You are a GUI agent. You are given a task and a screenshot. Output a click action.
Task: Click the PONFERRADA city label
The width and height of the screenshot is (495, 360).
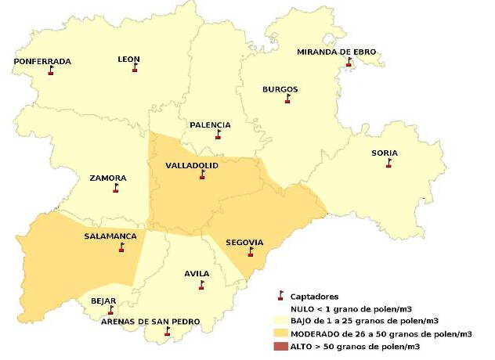coord(42,61)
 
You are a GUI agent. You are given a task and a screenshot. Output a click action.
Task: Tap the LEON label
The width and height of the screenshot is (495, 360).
coord(128,59)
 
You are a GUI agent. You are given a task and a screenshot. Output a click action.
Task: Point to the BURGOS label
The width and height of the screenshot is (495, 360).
coord(280,89)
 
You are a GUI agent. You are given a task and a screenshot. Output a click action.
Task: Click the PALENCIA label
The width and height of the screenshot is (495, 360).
coord(210,124)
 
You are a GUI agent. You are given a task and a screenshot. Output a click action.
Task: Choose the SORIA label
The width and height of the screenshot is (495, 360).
coord(384,153)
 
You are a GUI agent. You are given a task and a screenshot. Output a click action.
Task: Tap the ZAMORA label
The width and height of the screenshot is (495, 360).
coord(108,178)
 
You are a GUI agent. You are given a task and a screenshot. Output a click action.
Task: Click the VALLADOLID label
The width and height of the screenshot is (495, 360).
coord(191,166)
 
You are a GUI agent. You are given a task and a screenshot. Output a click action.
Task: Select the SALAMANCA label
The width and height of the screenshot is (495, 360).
coord(110,236)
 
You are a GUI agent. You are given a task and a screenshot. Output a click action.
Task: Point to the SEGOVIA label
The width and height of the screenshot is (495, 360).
coord(244,242)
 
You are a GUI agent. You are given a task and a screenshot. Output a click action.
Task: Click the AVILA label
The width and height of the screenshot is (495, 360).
coord(197,273)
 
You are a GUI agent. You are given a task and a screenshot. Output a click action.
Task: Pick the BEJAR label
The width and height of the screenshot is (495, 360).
coord(103,301)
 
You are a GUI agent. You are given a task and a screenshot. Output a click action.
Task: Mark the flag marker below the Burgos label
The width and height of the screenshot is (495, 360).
coord(288,99)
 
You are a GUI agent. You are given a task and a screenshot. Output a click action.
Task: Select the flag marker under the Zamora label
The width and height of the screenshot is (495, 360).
coord(116,189)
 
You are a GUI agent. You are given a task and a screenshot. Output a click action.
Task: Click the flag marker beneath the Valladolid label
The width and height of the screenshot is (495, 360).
coord(201,176)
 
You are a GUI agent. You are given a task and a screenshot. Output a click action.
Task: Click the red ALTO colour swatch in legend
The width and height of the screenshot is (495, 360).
coord(280,345)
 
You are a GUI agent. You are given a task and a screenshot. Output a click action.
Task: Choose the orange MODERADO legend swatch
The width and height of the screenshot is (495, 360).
coord(280,333)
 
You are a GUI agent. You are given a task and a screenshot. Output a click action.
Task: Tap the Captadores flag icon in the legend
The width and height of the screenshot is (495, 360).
coord(280,296)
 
